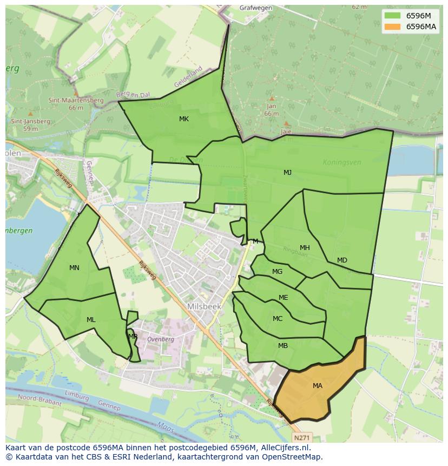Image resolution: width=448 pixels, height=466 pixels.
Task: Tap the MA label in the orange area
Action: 318,386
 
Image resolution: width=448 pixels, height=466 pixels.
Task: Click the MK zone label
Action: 184,119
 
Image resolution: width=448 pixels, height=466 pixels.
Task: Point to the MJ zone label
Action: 287,173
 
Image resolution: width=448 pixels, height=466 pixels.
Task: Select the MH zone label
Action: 305,248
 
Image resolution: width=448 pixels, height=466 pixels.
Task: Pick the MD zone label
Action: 342,260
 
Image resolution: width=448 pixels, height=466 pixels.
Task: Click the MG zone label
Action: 277,272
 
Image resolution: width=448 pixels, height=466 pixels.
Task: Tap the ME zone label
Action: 283,298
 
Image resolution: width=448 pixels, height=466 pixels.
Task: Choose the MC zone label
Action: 278,319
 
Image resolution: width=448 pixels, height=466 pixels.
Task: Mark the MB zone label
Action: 283,346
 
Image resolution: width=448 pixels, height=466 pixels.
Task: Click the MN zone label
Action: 74,268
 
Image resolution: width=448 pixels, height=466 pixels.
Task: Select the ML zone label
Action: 91,320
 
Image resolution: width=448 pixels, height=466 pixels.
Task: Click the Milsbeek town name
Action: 204,306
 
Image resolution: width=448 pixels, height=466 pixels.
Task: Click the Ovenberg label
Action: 160,339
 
